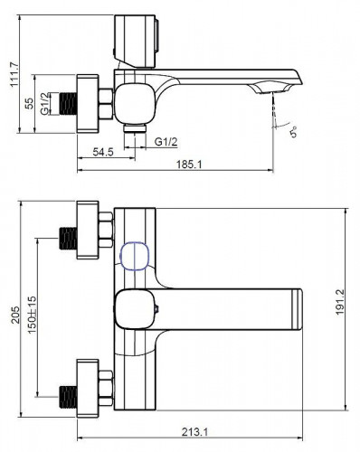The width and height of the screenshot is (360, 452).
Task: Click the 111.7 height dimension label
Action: coord(14,74)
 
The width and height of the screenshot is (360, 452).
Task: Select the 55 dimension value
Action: coord(29,104)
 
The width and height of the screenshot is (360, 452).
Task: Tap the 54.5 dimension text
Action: coord(103,152)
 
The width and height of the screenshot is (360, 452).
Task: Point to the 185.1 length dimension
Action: coord(189,165)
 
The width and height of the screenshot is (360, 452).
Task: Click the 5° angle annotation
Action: coord(293,132)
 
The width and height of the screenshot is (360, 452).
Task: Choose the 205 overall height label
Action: coord(15,315)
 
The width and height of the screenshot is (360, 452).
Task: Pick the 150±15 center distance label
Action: coord(32,315)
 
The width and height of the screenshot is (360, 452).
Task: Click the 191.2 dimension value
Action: coord(340,302)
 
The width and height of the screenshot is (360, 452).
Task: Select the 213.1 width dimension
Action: coord(194,432)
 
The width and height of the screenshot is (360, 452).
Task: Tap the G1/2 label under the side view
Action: coord(166,141)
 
